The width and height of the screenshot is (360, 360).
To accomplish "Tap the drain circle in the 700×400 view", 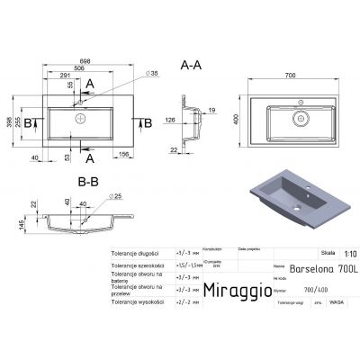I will click(303, 118).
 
